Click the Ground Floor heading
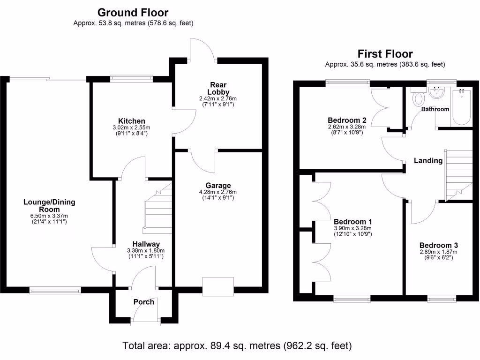[x=133, y=13]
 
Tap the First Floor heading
[x=385, y=54]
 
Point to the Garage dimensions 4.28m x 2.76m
[x=218, y=192]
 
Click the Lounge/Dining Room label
[x=49, y=206]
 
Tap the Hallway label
[x=146, y=244]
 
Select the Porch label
[x=143, y=302]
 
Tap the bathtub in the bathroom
[x=461, y=107]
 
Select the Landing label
[x=428, y=161]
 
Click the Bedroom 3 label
[x=438, y=245]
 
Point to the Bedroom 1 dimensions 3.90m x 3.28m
[x=352, y=228]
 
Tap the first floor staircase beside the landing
[x=458, y=173]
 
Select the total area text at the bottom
[x=237, y=346]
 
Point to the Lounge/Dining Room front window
[x=55, y=291]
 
